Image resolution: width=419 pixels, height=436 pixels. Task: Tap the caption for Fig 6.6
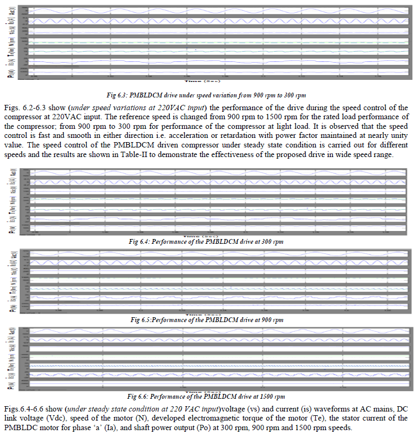point(209,397)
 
